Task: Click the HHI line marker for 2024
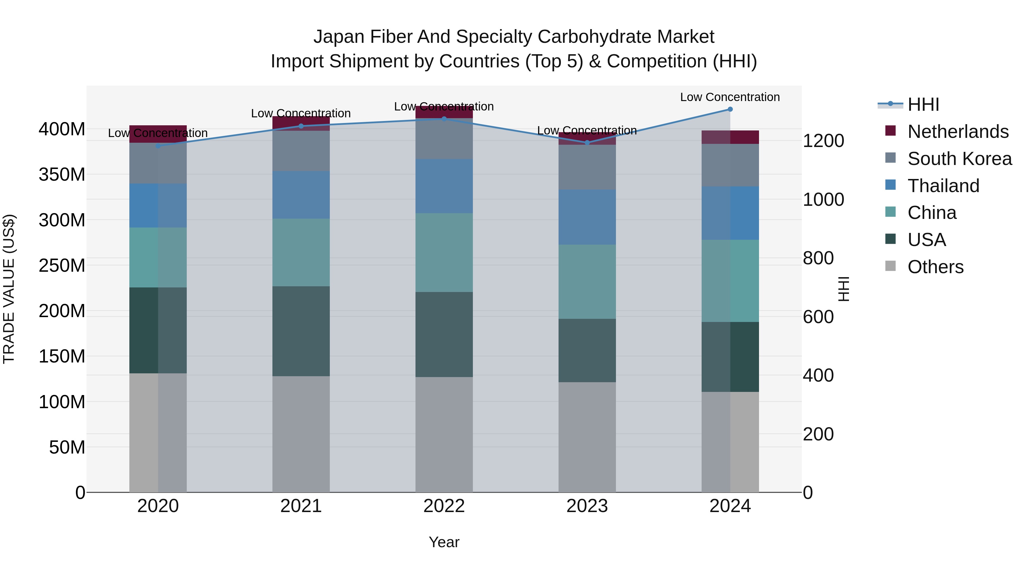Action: point(730,109)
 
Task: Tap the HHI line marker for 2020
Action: point(158,146)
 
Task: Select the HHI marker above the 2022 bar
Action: point(444,119)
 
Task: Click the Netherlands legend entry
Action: point(958,132)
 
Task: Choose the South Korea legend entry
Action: point(959,159)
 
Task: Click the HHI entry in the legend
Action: point(923,104)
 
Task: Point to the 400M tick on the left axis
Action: point(62,130)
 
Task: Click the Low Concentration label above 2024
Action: point(730,97)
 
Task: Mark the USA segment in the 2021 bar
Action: point(301,331)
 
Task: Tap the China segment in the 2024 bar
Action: point(730,281)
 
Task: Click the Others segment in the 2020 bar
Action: point(158,432)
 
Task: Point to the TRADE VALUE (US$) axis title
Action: point(9,289)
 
